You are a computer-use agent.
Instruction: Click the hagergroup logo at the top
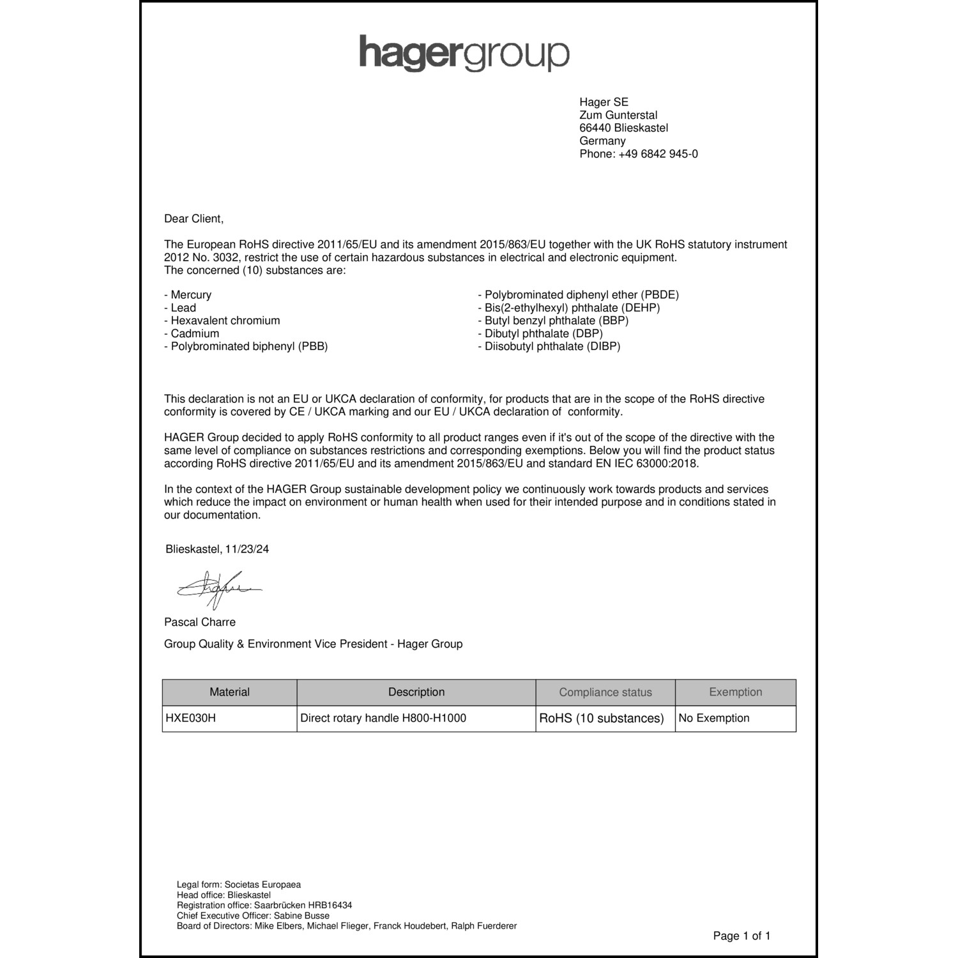464,53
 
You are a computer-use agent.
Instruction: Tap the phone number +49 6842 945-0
658,154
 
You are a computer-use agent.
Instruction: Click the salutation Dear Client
194,218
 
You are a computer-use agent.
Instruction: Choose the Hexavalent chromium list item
225,321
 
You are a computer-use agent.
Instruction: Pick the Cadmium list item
195,333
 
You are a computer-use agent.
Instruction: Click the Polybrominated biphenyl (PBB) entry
249,346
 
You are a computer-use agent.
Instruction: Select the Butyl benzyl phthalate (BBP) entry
556,321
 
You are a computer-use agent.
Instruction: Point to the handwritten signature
217,589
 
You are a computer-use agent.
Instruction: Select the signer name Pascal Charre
200,622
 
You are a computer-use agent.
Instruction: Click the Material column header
229,692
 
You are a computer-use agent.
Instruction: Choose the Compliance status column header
605,692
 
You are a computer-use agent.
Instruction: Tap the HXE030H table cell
191,718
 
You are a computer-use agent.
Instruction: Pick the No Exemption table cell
714,718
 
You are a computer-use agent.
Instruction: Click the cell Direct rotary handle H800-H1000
383,718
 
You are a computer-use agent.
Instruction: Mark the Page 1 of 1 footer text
741,936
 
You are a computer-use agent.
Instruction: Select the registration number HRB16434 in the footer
330,905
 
